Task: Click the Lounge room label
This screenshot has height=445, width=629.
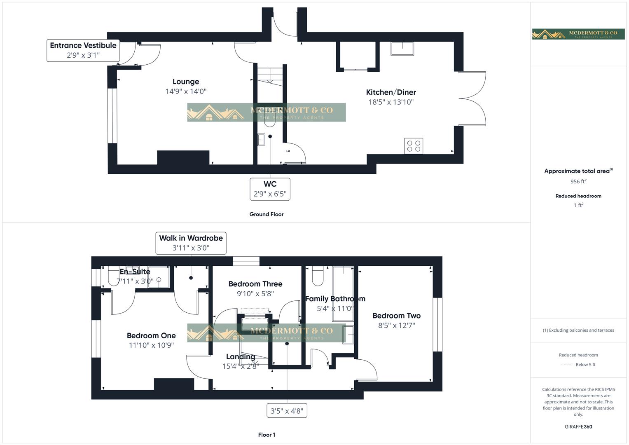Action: [186, 82]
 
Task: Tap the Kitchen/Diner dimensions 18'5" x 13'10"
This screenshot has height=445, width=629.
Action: [391, 102]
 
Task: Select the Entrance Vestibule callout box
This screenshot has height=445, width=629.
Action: [83, 50]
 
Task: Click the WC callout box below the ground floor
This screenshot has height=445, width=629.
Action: [270, 189]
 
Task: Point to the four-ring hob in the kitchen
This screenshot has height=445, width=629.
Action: [414, 146]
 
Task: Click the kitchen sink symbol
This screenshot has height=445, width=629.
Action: [402, 49]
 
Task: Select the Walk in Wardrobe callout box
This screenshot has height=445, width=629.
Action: [191, 243]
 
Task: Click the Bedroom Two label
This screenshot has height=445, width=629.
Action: [396, 316]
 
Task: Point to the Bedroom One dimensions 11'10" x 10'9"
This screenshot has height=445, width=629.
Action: [151, 345]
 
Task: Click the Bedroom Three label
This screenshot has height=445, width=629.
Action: [255, 284]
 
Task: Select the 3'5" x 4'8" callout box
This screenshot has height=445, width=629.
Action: [287, 410]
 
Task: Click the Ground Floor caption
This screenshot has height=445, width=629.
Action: [267, 214]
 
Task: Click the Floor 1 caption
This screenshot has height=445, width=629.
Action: [267, 435]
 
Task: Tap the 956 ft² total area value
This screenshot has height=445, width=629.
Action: [578, 181]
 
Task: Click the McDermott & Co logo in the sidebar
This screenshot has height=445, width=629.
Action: [578, 34]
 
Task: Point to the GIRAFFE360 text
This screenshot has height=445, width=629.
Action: [578, 426]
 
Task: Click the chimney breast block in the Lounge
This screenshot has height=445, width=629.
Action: [183, 158]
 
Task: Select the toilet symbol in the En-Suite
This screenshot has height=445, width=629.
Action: [114, 277]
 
